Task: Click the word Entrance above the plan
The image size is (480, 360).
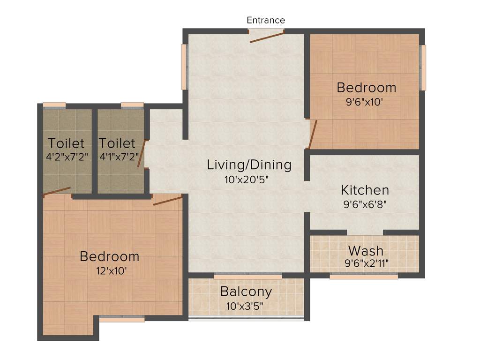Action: [266, 20]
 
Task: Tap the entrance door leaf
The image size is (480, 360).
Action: [266, 37]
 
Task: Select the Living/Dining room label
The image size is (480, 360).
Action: [249, 165]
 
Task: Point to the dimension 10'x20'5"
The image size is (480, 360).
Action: [249, 179]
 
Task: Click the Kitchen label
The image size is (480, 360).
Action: [365, 190]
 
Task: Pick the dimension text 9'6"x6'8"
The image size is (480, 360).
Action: [364, 204]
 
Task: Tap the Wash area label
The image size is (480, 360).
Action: [366, 250]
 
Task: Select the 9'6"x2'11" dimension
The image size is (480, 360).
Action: [366, 263]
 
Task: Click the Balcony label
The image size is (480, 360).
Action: [246, 292]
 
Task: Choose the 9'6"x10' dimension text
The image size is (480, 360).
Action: [366, 102]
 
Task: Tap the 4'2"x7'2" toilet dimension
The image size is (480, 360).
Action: [66, 157]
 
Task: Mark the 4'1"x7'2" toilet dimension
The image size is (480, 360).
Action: [117, 157]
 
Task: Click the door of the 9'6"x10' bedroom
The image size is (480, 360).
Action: [313, 134]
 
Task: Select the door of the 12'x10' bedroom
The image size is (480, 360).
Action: [167, 201]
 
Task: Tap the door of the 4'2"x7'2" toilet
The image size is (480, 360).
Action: [57, 191]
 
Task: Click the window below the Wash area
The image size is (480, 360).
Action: [364, 277]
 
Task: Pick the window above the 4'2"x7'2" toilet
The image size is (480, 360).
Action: [54, 105]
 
